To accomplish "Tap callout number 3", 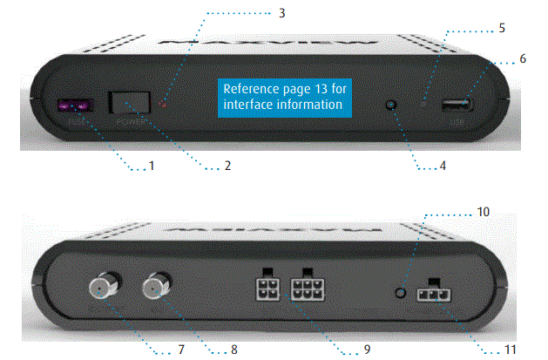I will click(281, 14).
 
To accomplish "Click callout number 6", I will click(523, 58).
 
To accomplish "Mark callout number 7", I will click(181, 350).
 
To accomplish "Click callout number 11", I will click(510, 350).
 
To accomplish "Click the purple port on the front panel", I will click(73, 106).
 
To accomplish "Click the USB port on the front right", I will click(456, 106).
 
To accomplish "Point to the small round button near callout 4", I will click(391, 105).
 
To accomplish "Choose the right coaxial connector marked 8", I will click(159, 283).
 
